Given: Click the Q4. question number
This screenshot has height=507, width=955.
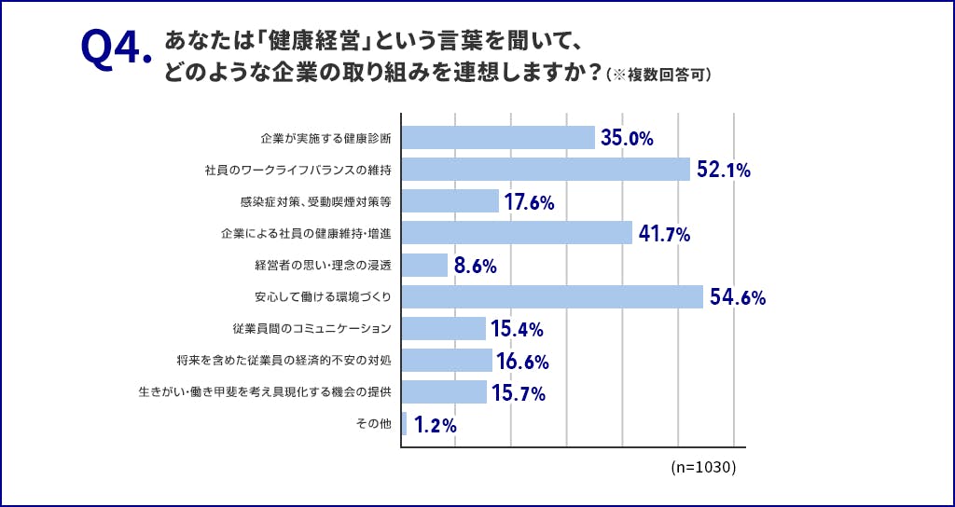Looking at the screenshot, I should click(115, 53).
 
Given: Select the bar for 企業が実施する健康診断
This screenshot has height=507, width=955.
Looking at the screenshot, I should click(498, 138).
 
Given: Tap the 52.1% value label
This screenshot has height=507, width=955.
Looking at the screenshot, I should click(724, 171).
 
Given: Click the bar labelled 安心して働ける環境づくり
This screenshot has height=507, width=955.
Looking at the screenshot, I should click(552, 296).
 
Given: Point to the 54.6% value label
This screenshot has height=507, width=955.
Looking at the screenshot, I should click(737, 297).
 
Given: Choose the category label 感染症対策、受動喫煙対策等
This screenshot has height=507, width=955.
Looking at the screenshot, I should click(315, 201).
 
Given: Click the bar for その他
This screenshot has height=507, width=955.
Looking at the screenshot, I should click(404, 424).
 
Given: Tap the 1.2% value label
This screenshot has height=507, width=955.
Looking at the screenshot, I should click(435, 425).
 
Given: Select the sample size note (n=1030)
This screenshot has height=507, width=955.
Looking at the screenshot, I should click(703, 467).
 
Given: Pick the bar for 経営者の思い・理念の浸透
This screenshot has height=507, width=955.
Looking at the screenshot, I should click(424, 265).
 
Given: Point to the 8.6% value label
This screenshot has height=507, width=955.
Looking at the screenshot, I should click(475, 266).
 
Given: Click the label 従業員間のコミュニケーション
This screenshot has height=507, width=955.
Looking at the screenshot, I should click(311, 329).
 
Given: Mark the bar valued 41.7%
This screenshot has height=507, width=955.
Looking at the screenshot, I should click(517, 233).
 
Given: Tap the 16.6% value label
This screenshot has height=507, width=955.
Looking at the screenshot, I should click(523, 362).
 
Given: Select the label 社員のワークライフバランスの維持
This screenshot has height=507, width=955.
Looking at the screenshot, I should click(298, 171).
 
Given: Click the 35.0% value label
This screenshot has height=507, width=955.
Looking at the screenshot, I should click(627, 139).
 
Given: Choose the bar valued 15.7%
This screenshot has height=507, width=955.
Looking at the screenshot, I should click(444, 391).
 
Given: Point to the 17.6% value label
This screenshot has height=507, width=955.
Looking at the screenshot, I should click(530, 202).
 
